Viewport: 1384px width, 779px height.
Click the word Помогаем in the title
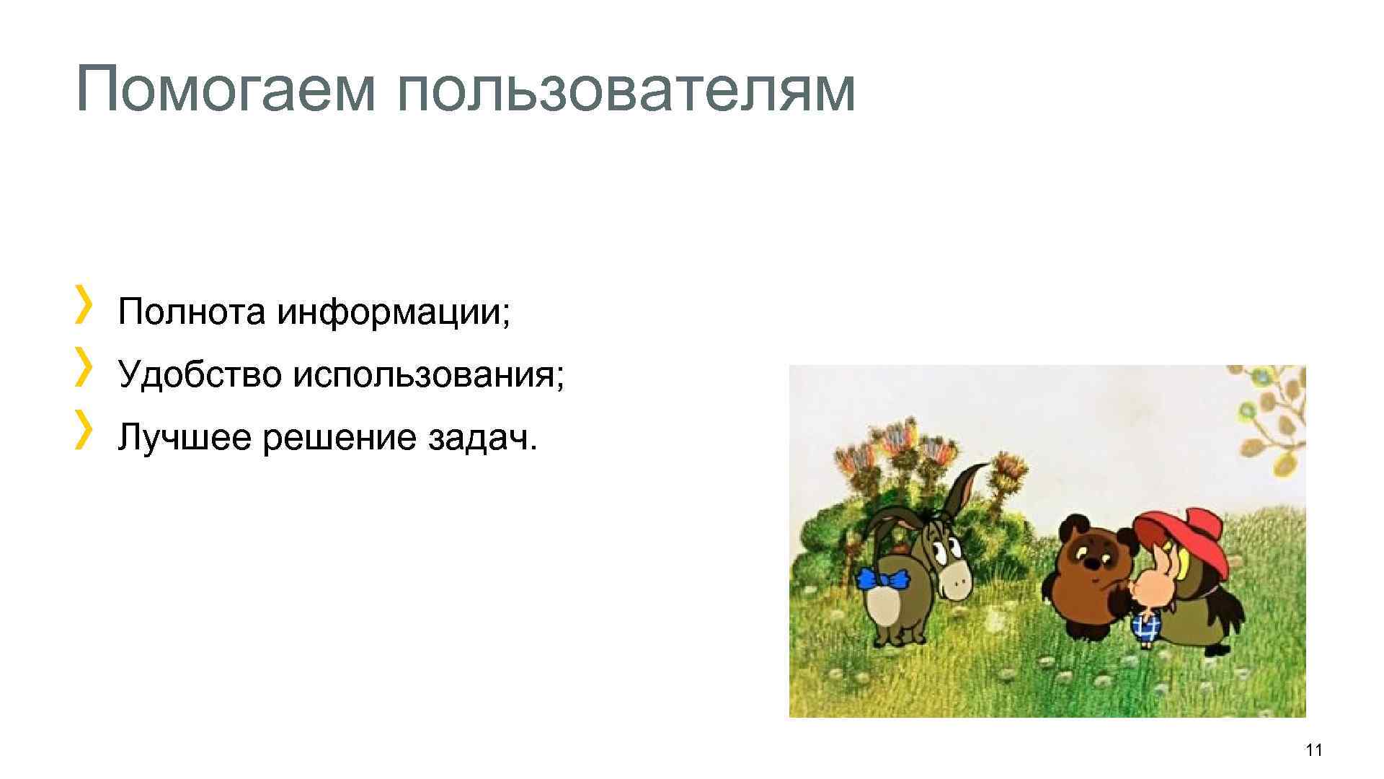(x=225, y=90)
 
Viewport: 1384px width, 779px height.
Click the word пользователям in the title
(x=626, y=90)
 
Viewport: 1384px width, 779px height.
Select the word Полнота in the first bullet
(x=191, y=312)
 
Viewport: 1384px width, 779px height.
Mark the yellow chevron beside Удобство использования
(x=84, y=364)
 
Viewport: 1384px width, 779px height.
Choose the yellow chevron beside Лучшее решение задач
(x=84, y=427)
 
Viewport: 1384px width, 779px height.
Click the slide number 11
(x=1313, y=750)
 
